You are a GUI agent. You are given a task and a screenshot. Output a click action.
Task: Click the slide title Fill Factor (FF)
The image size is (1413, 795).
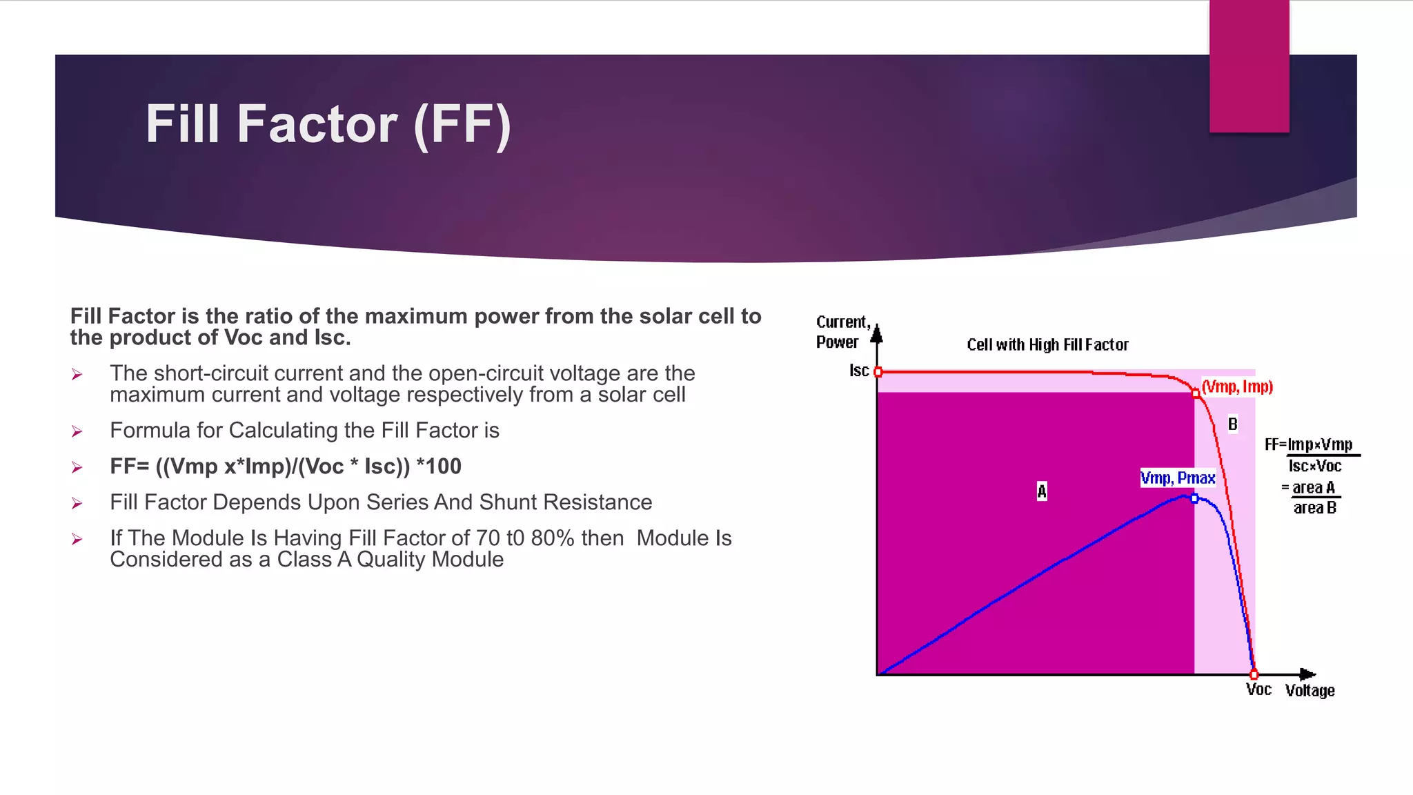pos(328,125)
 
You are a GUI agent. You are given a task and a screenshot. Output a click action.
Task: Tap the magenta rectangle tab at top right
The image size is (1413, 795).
pos(1249,66)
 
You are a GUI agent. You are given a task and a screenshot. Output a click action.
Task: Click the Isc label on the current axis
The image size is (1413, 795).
pos(858,371)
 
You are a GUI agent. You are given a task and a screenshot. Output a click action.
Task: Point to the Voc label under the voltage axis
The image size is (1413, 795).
pos(1258,689)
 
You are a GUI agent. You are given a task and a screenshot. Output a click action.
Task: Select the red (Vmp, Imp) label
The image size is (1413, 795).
pos(1237,386)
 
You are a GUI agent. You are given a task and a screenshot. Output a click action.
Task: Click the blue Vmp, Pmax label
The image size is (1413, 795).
pos(1177,478)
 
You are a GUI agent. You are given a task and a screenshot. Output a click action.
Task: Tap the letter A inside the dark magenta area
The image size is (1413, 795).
pos(1041,491)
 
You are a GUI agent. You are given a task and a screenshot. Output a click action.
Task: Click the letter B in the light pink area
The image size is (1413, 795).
pos(1232,424)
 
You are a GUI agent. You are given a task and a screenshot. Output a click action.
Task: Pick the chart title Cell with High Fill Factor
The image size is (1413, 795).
pos(1047,345)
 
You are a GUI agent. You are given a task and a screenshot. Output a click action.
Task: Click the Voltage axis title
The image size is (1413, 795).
pos(1310,691)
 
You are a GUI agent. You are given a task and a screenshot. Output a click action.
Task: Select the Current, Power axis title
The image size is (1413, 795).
pos(842,332)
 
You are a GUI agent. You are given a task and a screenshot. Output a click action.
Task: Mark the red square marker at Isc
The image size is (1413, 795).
pos(878,372)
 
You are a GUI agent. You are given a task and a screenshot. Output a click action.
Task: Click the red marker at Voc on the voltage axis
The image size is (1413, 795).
pos(1254,674)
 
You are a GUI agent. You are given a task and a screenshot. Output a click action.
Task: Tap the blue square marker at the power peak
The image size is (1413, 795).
pos(1194,498)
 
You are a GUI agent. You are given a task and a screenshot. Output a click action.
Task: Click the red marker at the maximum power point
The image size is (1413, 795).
pos(1196,393)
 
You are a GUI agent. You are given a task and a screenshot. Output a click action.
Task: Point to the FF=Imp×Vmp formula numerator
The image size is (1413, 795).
pos(1309,444)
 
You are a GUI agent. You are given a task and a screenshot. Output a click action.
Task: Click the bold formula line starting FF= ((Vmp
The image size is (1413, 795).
pos(286,467)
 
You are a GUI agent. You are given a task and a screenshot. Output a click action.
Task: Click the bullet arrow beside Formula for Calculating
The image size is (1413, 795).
pos(77,432)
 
